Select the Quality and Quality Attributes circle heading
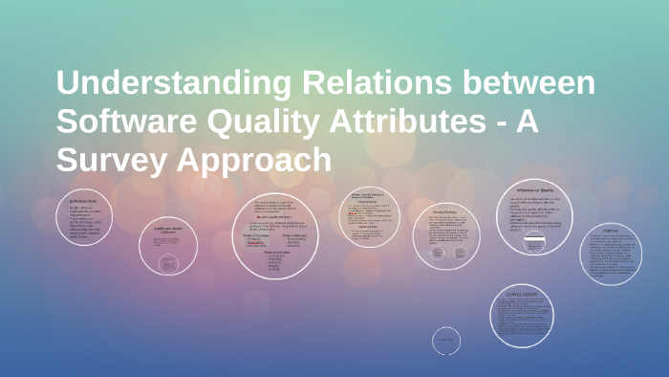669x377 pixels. pyautogui.click(x=167, y=231)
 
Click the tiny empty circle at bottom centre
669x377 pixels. pyautogui.click(x=446, y=340)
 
